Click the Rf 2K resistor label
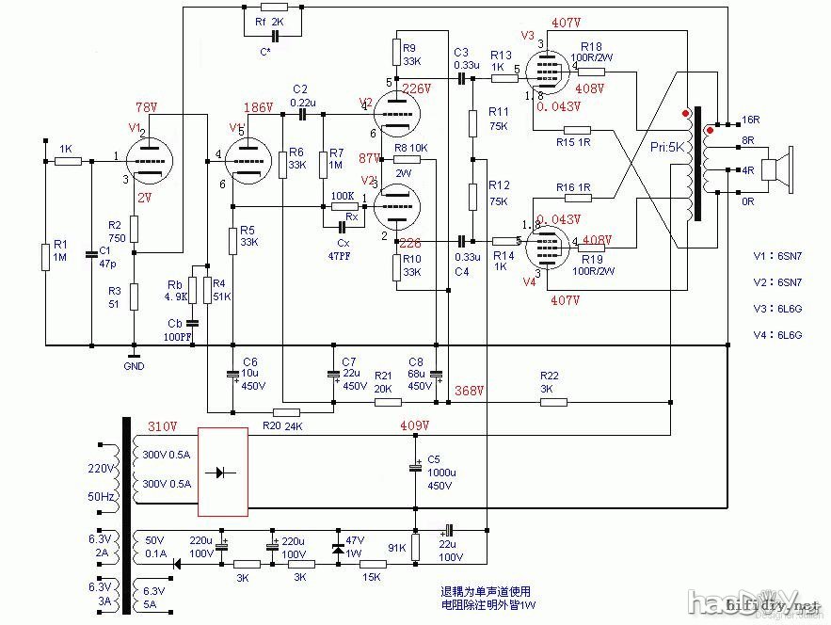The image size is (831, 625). (269, 21)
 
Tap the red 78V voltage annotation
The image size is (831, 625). (146, 106)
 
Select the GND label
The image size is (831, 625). (135, 366)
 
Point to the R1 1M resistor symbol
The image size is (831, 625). (44, 256)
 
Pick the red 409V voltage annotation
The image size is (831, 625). (414, 425)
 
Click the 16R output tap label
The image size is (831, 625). (750, 120)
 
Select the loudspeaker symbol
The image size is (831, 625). (777, 169)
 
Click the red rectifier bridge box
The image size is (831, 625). (223, 473)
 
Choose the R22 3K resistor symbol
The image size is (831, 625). (553, 402)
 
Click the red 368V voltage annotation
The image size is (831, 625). (469, 391)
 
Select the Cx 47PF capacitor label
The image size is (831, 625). (341, 248)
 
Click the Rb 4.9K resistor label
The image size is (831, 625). (175, 290)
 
